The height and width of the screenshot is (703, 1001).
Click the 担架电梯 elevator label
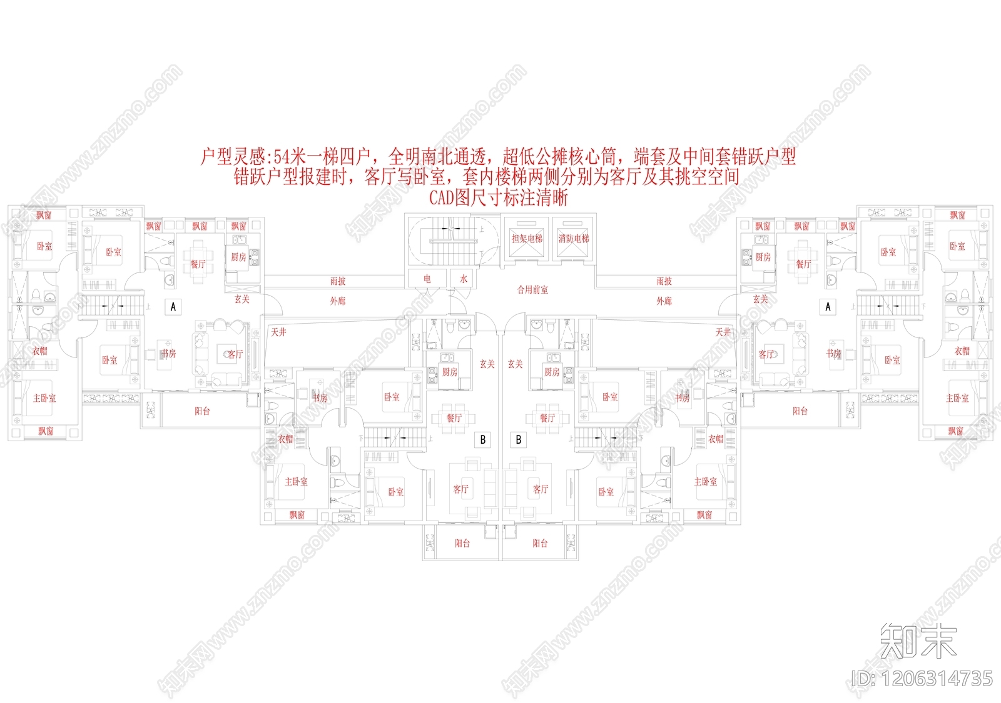527,238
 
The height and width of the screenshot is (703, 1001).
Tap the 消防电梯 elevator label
574,238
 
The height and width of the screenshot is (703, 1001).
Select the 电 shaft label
427,279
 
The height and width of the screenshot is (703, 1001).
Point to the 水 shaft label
464,279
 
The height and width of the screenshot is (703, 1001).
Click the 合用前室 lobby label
532,289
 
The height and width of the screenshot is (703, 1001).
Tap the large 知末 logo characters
918,641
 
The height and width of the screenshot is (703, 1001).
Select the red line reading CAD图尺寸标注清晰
498,197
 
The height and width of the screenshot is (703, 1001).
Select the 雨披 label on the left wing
338,281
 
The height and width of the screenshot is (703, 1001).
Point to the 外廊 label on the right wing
664,301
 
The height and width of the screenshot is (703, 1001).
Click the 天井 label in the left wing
279,332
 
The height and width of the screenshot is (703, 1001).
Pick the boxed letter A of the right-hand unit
828,307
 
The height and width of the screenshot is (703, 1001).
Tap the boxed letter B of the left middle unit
482,439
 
